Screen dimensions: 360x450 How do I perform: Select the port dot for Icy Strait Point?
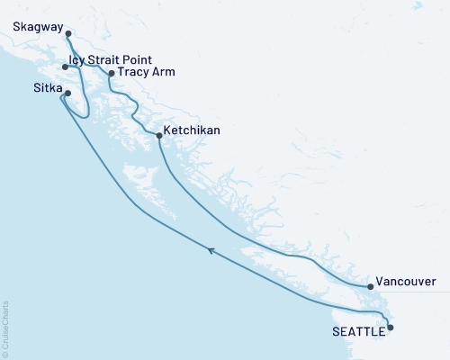point(65,67)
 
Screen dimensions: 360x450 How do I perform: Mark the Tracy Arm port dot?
point(112,74)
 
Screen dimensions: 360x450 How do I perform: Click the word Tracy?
point(135,73)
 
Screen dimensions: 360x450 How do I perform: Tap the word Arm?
point(165,73)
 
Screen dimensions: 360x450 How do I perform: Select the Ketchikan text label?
point(193,130)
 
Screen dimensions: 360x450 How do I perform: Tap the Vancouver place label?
point(406,281)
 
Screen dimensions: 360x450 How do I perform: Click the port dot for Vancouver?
point(371,287)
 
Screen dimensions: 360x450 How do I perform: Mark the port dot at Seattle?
point(391,328)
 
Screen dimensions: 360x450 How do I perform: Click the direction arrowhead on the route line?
point(210,250)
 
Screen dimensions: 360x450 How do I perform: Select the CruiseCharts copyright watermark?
point(5,326)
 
